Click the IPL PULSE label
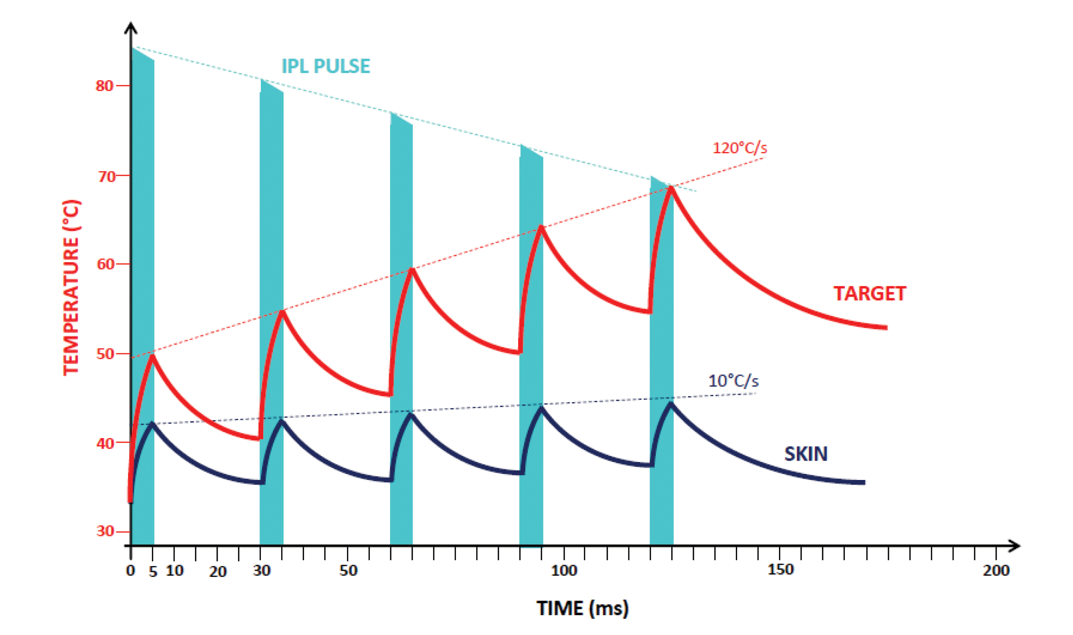[x=325, y=66]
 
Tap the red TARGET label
[x=869, y=294]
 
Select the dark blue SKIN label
[x=806, y=454]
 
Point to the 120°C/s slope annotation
[x=739, y=148]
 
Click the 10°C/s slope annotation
[x=733, y=381]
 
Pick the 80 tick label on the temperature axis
[x=104, y=86]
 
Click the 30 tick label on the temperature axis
[x=105, y=531]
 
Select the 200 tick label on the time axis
[x=996, y=571]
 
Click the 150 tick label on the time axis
[x=780, y=570]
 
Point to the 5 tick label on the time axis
[x=153, y=572]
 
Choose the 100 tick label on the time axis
[x=564, y=571]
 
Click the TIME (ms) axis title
[x=582, y=608]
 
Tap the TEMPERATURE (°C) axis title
[x=71, y=288]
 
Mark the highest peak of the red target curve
[x=671, y=188]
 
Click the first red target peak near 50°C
[x=152, y=356]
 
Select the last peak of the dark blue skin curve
[x=671, y=404]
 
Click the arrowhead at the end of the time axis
[x=1015, y=546]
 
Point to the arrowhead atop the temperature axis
[x=131, y=28]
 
